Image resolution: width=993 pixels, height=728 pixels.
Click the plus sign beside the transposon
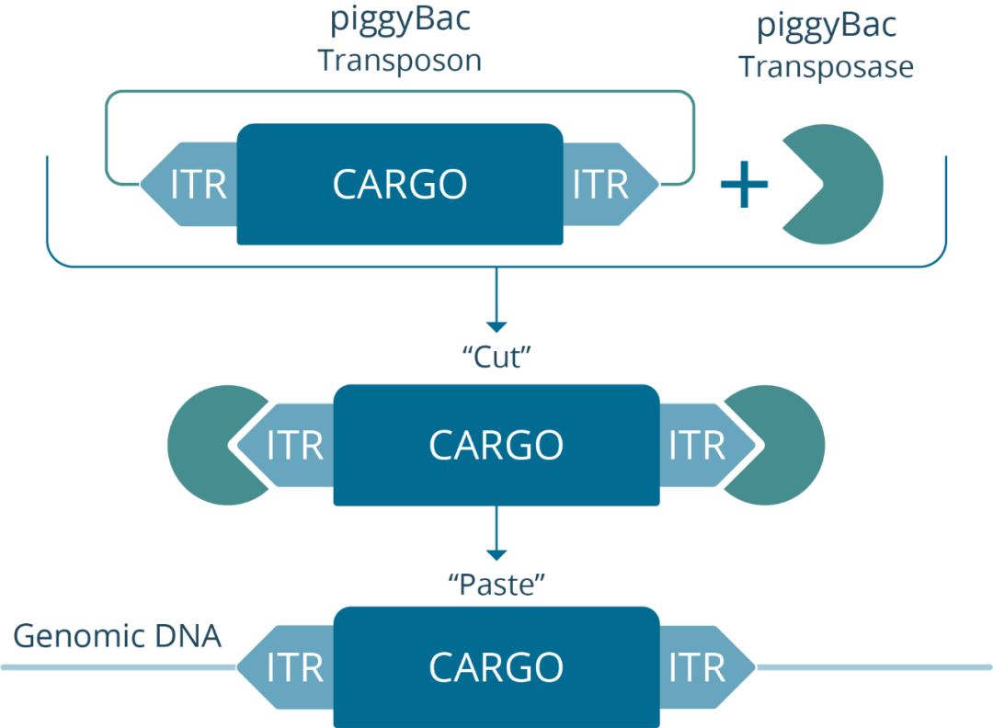(x=744, y=184)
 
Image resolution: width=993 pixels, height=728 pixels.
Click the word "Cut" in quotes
(x=496, y=357)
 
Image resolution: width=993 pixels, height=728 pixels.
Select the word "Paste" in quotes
(x=496, y=585)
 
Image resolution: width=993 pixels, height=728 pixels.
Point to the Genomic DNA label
(x=117, y=635)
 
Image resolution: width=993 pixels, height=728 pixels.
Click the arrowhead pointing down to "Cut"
(x=496, y=326)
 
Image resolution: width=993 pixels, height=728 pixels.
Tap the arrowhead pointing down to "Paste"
(x=496, y=554)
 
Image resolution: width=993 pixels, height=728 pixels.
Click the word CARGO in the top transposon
(x=400, y=184)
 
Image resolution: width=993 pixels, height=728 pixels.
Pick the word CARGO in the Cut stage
(x=496, y=445)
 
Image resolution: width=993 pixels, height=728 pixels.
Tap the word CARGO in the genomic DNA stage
(x=496, y=667)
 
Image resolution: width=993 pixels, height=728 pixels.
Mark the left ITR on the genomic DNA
(x=285, y=667)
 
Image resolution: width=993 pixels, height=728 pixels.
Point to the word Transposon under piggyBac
(x=400, y=61)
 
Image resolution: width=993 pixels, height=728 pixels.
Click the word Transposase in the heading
(x=827, y=66)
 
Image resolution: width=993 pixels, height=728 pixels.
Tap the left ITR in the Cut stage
(x=285, y=445)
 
